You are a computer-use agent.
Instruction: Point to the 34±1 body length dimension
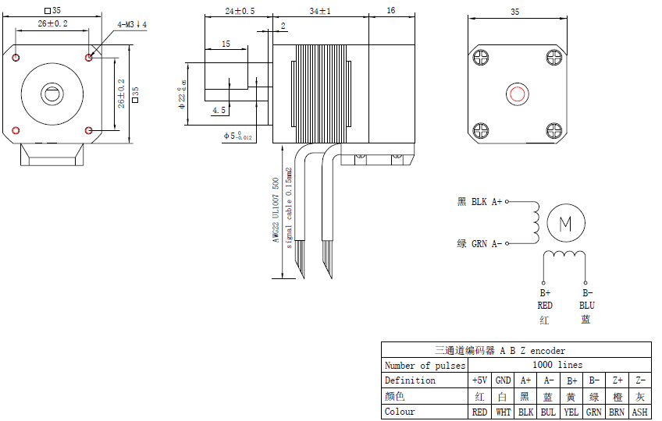[x=320, y=12]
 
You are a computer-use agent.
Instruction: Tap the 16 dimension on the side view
[x=390, y=12]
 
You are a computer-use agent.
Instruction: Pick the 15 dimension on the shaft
[x=226, y=44]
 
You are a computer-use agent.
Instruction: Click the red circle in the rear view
[x=517, y=94]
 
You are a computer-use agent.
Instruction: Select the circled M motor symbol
[x=565, y=223]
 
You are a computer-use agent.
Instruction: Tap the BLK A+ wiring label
[x=480, y=202]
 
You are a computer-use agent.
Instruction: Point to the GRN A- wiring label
[x=480, y=244]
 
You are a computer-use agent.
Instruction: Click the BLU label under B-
[x=586, y=306]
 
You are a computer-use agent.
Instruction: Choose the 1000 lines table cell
[x=557, y=365]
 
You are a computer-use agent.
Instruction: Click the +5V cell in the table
[x=479, y=380]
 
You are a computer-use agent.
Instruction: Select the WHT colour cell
[x=504, y=412]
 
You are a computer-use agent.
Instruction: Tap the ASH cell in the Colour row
[x=639, y=412]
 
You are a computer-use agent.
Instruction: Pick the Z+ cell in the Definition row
[x=617, y=380]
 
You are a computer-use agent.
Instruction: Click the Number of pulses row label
[x=425, y=365]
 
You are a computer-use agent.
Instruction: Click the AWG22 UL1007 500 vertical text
[x=276, y=210]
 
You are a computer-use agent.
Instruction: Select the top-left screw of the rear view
[x=480, y=58]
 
